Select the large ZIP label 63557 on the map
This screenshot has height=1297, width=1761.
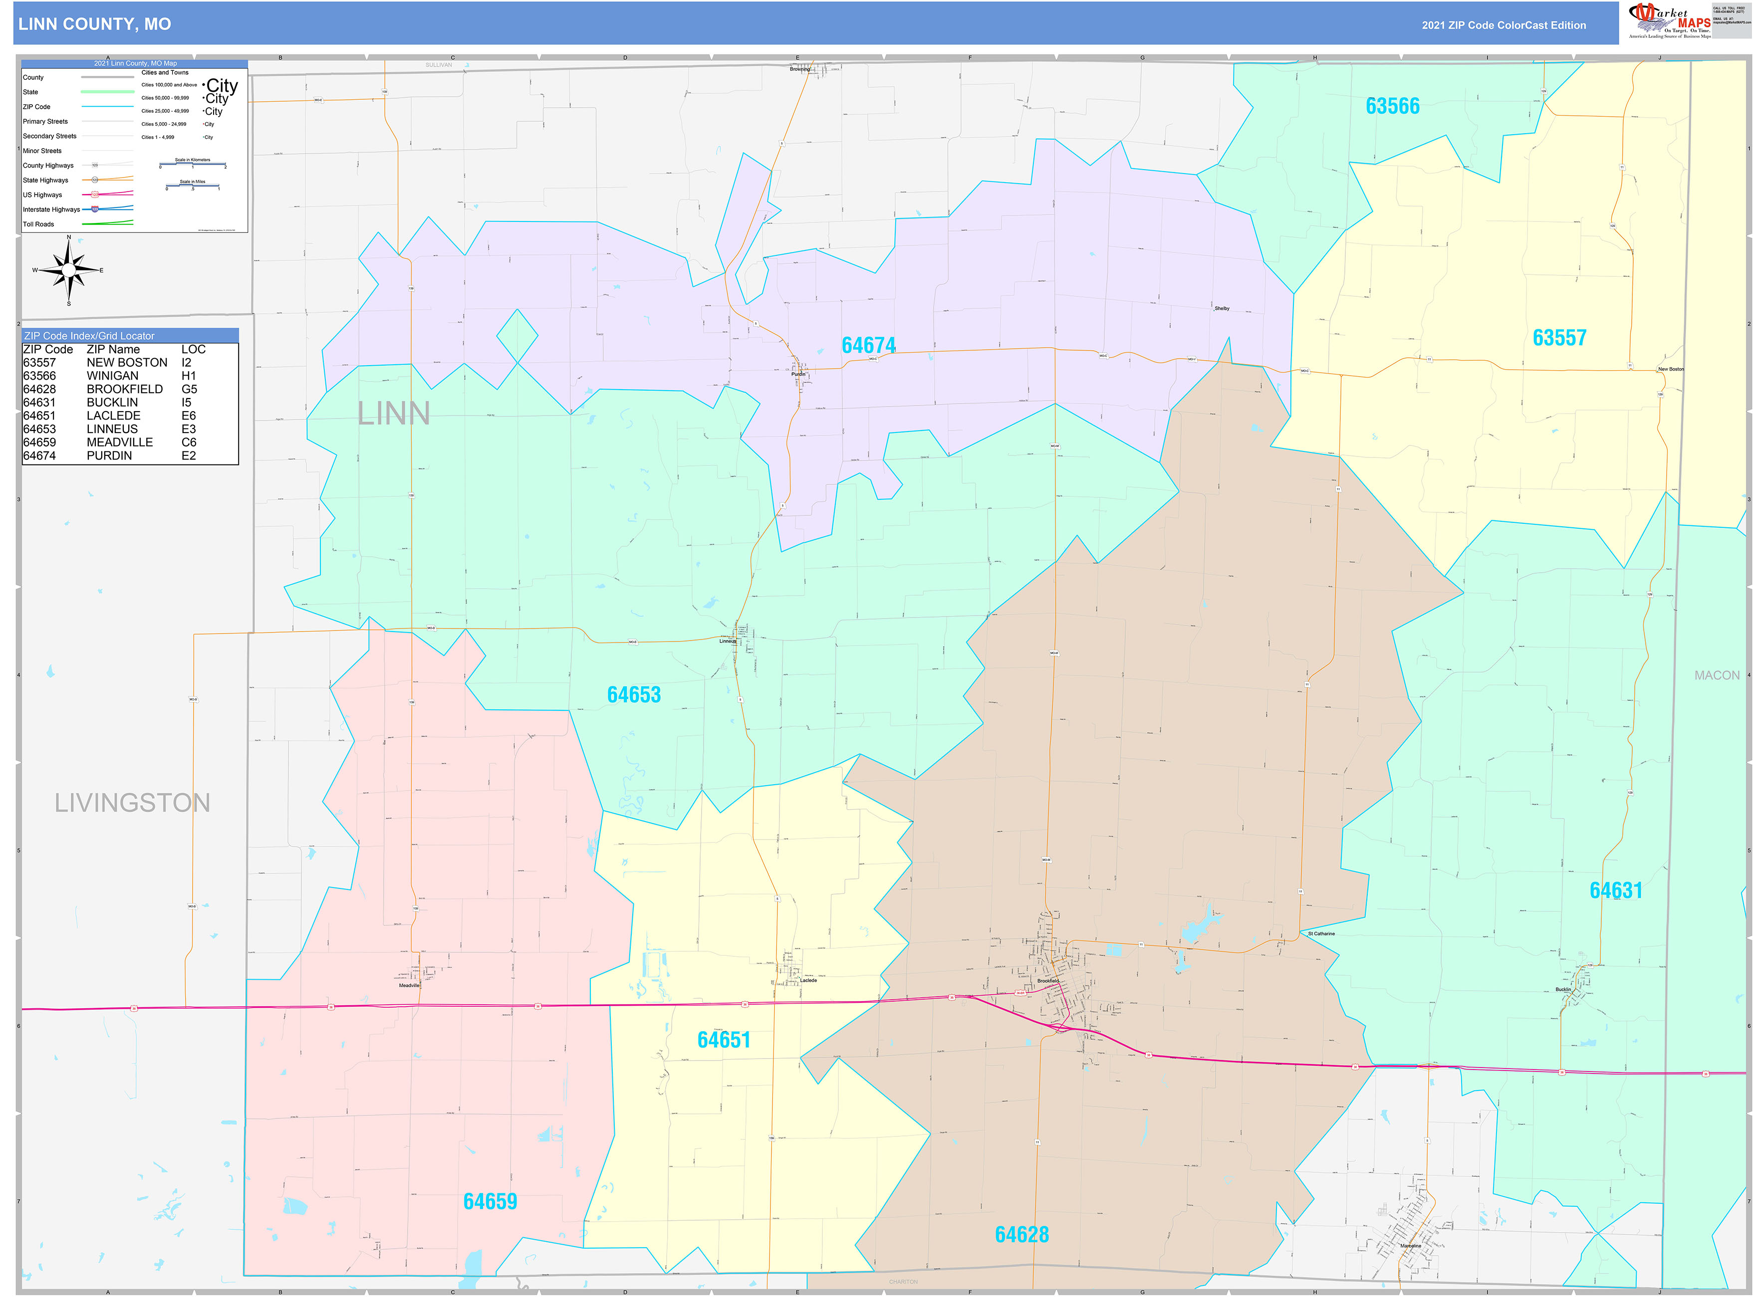1559,338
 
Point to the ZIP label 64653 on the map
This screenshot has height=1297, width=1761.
634,695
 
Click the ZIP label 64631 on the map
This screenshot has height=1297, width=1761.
1616,890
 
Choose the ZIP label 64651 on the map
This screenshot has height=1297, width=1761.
724,1040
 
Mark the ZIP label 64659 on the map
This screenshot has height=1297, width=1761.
490,1201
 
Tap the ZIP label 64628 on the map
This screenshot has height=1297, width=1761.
1021,1234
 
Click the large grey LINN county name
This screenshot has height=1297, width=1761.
394,414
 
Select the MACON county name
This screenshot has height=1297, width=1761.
1716,675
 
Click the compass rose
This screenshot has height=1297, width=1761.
69,270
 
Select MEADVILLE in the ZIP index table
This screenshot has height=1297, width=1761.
119,442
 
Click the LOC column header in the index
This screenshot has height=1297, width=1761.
193,349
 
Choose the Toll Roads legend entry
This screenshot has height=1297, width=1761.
38,224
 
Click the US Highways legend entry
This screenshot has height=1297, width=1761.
42,195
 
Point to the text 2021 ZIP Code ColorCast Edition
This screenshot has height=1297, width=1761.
1504,25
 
